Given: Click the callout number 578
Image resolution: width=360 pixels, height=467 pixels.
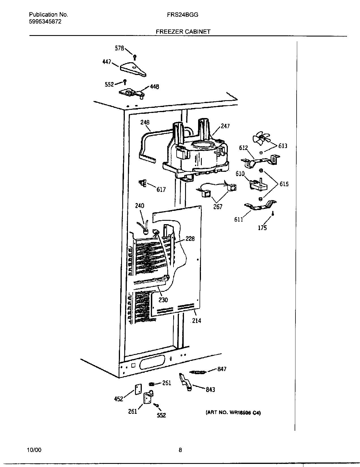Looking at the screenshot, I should (x=119, y=48).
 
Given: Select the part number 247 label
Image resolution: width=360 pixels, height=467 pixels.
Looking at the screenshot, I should (x=225, y=126).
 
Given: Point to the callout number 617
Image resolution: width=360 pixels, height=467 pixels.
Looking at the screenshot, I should (x=161, y=190).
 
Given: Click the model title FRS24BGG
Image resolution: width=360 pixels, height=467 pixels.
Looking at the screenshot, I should (x=182, y=15).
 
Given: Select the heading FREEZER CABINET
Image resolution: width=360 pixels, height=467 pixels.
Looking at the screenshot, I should (x=183, y=32).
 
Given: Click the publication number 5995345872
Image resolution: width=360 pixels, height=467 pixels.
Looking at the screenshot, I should (x=45, y=22).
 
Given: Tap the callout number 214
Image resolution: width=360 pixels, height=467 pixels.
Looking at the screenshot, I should (x=196, y=320).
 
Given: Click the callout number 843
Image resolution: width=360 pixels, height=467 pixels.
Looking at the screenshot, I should (x=210, y=389).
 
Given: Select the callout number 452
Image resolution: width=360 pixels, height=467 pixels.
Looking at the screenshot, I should (x=119, y=399).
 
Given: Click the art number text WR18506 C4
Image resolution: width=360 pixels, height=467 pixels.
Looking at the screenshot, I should (x=233, y=413).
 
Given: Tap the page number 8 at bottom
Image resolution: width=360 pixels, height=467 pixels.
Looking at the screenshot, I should (x=180, y=450).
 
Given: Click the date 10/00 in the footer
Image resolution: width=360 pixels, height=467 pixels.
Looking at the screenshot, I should (x=34, y=450).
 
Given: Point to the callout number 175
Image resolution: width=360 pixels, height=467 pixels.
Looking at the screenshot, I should (x=262, y=228).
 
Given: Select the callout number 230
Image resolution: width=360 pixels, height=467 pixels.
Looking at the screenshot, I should (x=163, y=300).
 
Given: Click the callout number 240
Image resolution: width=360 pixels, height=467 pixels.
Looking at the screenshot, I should (x=140, y=205).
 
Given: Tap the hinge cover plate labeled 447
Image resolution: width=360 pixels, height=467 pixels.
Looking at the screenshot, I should (x=133, y=70).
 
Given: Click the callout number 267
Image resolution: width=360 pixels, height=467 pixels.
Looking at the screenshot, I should (x=218, y=207).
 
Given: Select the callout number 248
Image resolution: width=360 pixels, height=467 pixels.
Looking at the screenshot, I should (x=145, y=122).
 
